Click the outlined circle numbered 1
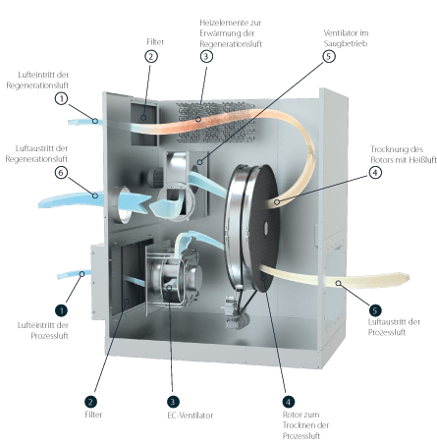61,98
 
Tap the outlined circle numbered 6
61,173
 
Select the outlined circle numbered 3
206,56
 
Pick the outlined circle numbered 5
329,56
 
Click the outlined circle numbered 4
375,172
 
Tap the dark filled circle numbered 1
62,310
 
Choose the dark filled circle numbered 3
173,402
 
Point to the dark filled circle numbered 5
375,310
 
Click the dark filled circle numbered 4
288,402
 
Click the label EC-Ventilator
191,416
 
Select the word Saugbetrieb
346,43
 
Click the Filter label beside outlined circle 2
155,42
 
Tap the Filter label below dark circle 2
93,415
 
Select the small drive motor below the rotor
233,310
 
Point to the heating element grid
215,123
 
